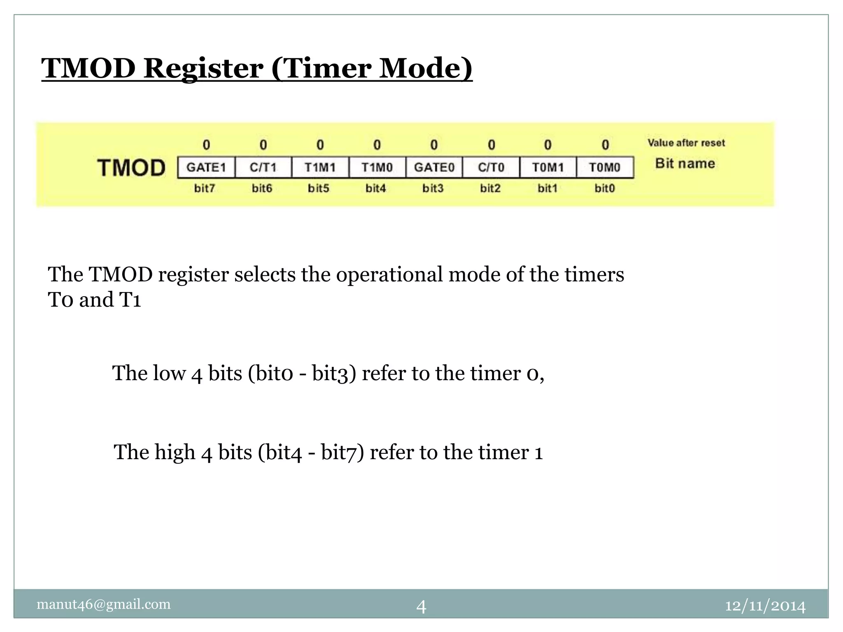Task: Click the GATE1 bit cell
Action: click(206, 167)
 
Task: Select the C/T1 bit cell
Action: click(263, 167)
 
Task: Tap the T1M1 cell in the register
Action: click(320, 167)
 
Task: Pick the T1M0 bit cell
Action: click(377, 167)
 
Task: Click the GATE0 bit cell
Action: click(434, 167)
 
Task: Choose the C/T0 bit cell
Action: click(491, 167)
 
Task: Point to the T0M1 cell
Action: click(548, 167)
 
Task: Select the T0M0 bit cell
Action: click(605, 167)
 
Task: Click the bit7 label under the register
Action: click(205, 188)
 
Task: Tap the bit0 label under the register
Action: click(605, 188)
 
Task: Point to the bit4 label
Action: click(376, 188)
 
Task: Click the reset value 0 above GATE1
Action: click(206, 145)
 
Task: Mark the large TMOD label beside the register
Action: click(131, 168)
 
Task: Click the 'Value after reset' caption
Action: click(686, 143)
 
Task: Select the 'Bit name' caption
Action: click(685, 163)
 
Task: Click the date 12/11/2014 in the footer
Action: click(765, 606)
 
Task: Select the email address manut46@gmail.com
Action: click(104, 604)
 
